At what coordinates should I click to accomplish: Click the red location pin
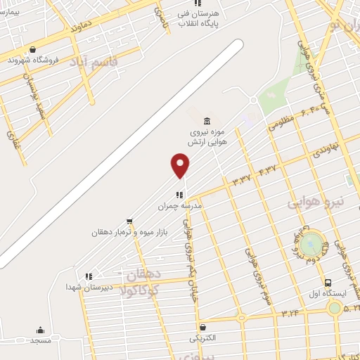click(181, 165)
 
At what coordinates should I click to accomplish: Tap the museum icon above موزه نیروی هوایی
click(206, 120)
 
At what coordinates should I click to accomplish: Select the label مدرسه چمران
click(179, 207)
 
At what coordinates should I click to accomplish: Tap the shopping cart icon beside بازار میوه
click(129, 221)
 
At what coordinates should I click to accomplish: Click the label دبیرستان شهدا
click(86, 287)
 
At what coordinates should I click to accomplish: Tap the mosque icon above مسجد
click(40, 330)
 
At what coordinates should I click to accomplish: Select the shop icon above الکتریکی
click(202, 327)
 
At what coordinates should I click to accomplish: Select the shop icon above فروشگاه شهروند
click(32, 49)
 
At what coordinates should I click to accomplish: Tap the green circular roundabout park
click(314, 243)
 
